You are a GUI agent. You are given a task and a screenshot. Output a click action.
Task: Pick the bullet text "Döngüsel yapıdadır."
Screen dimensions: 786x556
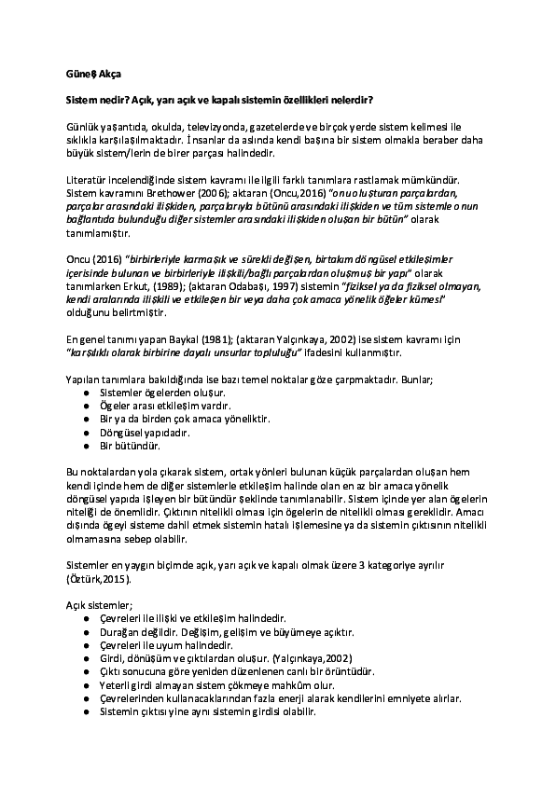[x=145, y=433]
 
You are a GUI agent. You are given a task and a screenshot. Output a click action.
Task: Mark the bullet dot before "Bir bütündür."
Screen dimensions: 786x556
[x=87, y=446]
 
